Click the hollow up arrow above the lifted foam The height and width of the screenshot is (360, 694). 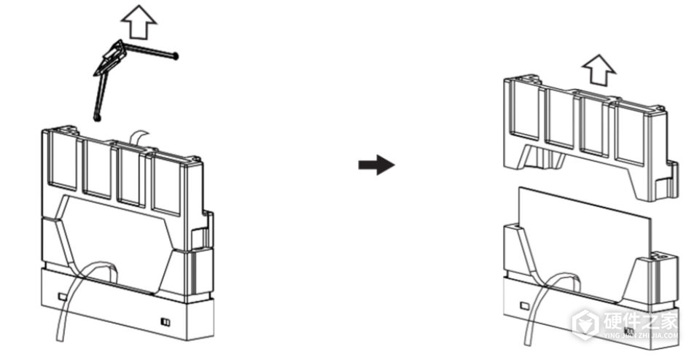[599, 70]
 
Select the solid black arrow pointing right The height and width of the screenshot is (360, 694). [376, 165]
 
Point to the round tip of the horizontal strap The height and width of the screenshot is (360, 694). [176, 56]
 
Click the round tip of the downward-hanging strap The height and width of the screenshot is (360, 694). [97, 118]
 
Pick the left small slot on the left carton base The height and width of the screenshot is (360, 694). [63, 296]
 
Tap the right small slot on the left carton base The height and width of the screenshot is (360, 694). [165, 321]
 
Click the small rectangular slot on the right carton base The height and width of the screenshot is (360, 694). [525, 305]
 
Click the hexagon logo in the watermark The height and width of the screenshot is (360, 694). [585, 325]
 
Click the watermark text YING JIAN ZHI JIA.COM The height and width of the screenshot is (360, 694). [641, 336]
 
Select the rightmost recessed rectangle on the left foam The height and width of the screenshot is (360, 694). [166, 186]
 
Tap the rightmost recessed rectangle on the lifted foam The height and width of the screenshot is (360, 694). [629, 136]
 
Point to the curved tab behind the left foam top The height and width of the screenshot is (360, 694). [139, 137]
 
